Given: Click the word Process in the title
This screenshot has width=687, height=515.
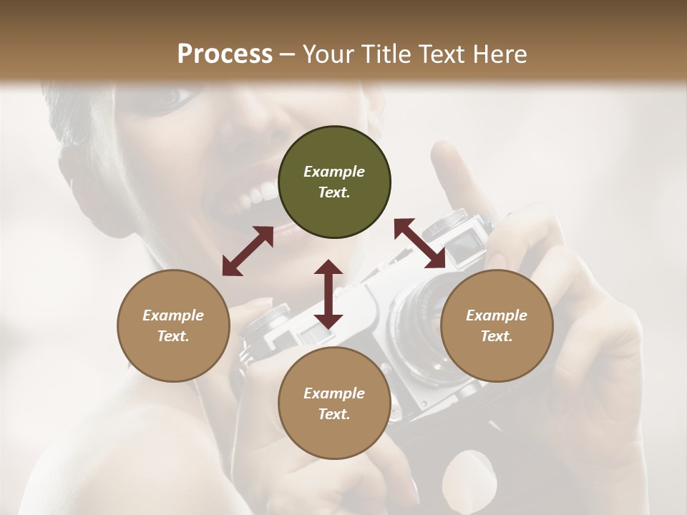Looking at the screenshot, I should click(x=225, y=54).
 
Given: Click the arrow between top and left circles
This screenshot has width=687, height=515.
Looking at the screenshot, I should click(x=248, y=251).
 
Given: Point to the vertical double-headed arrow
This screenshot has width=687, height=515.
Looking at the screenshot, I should click(x=328, y=294).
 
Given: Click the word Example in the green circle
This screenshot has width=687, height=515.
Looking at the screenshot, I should click(x=334, y=172).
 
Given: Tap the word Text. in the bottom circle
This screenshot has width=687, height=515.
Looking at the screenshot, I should click(x=334, y=414).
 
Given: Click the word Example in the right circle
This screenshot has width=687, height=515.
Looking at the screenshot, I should click(x=496, y=315).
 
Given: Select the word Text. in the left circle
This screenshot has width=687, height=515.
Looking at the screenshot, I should click(x=173, y=336).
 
